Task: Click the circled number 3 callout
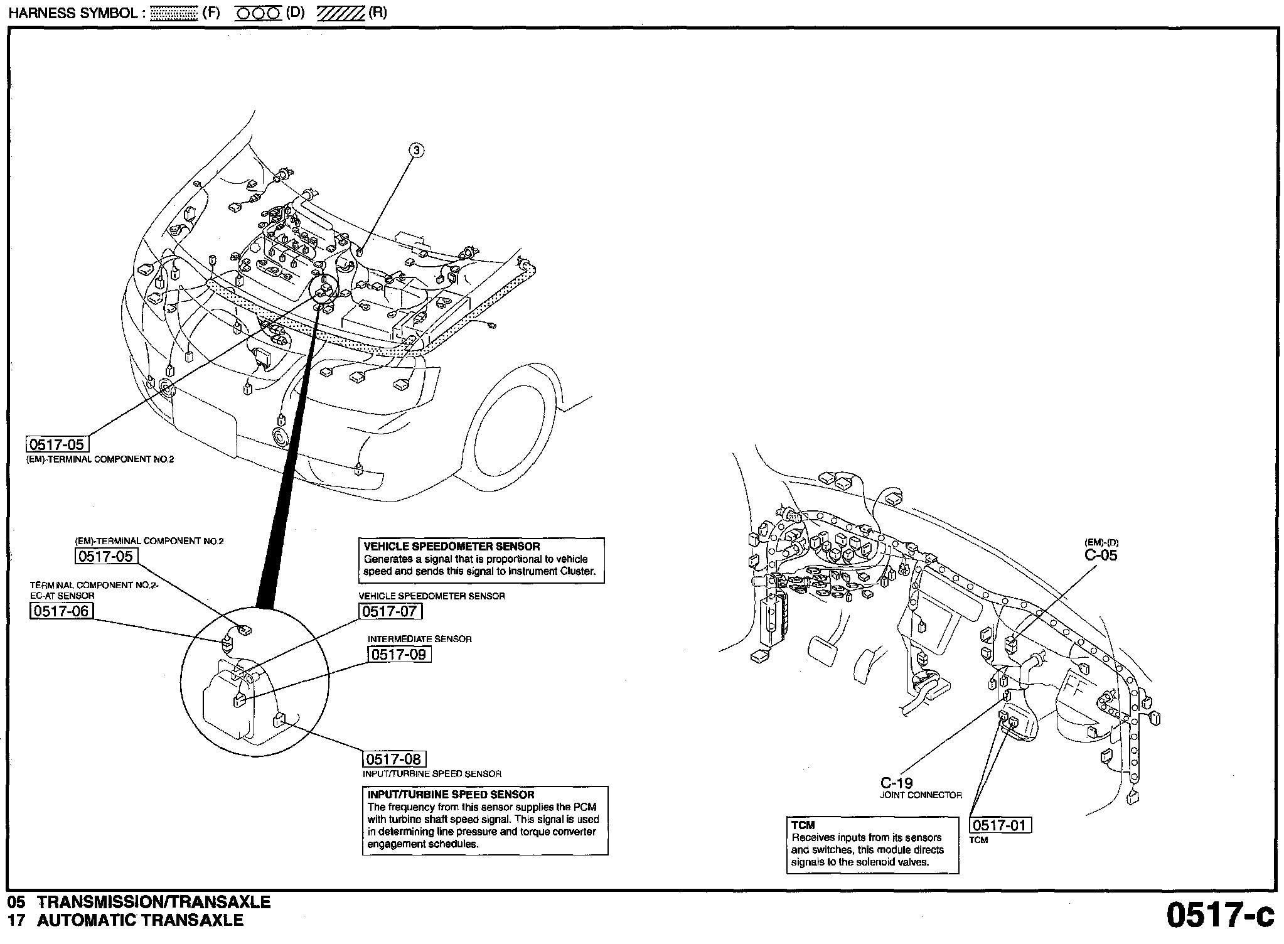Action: tap(417, 150)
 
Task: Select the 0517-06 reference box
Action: tap(62, 611)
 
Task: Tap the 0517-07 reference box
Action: tap(390, 611)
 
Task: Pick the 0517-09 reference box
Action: tap(400, 654)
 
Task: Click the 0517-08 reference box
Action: tap(394, 759)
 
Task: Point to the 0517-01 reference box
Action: tap(1001, 825)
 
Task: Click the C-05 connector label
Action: tap(1101, 555)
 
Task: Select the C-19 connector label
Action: tap(896, 783)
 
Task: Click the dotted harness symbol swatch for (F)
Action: tap(174, 13)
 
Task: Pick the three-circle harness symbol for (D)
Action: tap(258, 13)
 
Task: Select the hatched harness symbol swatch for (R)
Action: tap(340, 13)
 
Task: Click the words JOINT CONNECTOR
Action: tap(921, 795)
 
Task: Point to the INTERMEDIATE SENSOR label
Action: tap(419, 639)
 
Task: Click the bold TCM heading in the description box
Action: tap(803, 825)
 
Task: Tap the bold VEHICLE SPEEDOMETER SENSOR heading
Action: tap(451, 547)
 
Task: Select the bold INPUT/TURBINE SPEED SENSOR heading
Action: tap(451, 795)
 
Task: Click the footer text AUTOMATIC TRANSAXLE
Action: tap(140, 921)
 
